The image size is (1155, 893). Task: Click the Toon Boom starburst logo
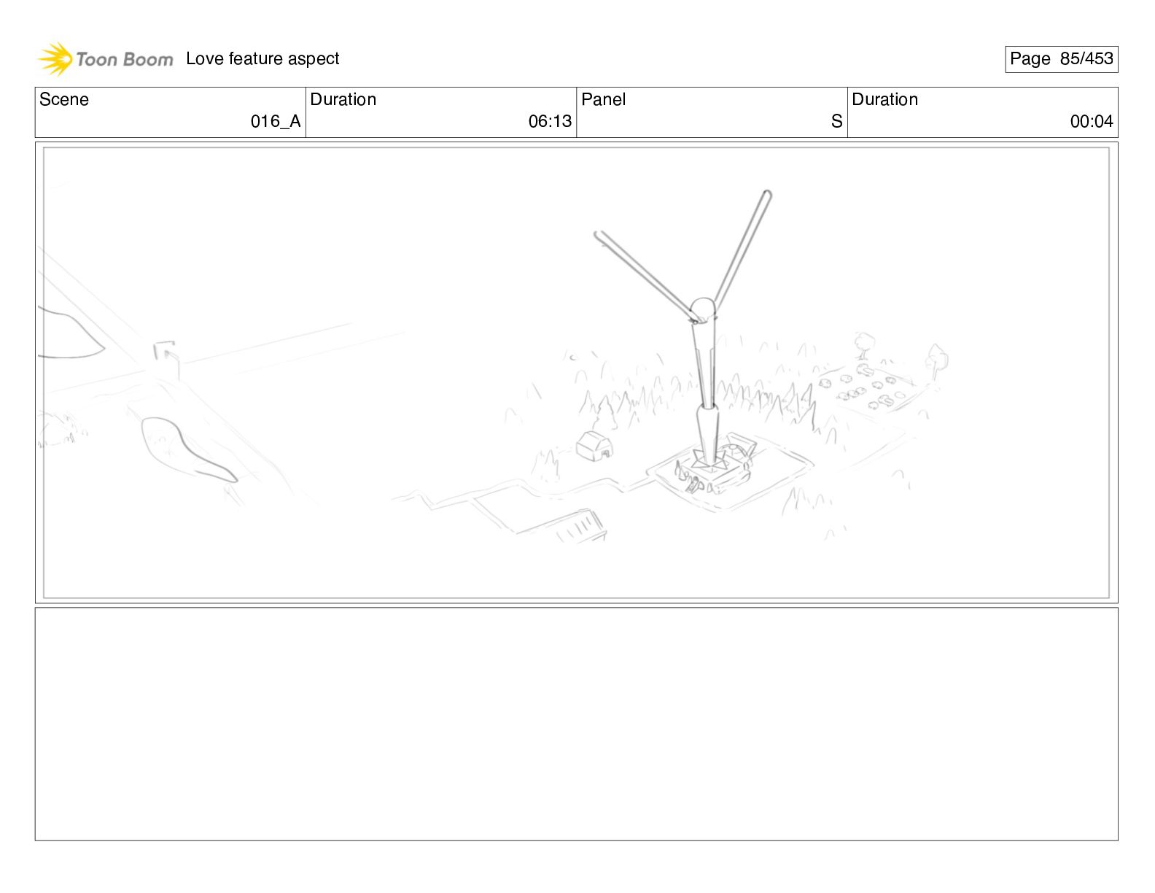coord(55,59)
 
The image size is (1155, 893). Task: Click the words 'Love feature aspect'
coord(262,58)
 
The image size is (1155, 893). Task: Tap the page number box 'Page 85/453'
coord(1061,59)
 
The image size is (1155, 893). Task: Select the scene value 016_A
coord(276,121)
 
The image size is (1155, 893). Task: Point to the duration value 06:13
coord(550,121)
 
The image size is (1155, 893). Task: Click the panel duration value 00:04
coord(1092,121)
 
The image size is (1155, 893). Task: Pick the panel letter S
coord(836,121)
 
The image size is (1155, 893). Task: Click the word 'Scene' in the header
coord(63,99)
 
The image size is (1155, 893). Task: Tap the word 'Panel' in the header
coord(603,99)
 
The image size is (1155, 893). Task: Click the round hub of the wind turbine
coord(703,309)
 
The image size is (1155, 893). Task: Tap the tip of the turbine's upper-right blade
coord(767,193)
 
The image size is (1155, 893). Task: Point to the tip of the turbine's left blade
coord(597,234)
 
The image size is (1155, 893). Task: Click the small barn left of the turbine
coord(594,446)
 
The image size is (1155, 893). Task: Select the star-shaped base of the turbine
coord(709,460)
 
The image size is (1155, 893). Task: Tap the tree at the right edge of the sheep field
coord(936,361)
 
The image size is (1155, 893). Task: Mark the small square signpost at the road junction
coord(166,355)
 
